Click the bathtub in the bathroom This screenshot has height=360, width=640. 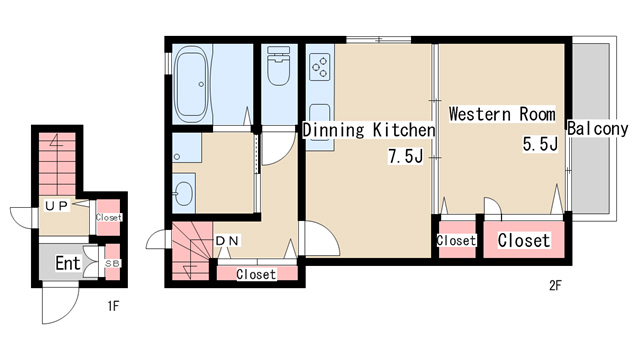coord(191,84)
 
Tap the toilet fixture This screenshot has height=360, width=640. coord(278,65)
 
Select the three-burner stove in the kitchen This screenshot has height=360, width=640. coord(320,67)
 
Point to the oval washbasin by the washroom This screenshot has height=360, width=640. coord(184,193)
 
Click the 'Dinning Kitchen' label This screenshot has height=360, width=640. coord(369,130)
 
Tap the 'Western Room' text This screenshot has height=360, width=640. coord(502,114)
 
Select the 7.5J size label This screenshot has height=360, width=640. coord(405,156)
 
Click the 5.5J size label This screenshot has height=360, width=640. coord(540,144)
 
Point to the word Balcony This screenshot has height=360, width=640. coord(598,129)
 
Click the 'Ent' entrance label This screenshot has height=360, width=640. coord(68,263)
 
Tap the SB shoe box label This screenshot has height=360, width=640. coord(112,264)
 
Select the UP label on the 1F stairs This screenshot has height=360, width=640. coord(57,206)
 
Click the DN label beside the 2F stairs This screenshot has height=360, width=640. coord(227,241)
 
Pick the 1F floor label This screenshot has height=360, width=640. coord(113,306)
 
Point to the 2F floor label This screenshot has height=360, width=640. coord(555,285)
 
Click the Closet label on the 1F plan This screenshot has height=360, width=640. coord(109,218)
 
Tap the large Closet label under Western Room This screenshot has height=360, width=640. coord(524,240)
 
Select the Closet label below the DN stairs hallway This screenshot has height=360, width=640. coord(256,274)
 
